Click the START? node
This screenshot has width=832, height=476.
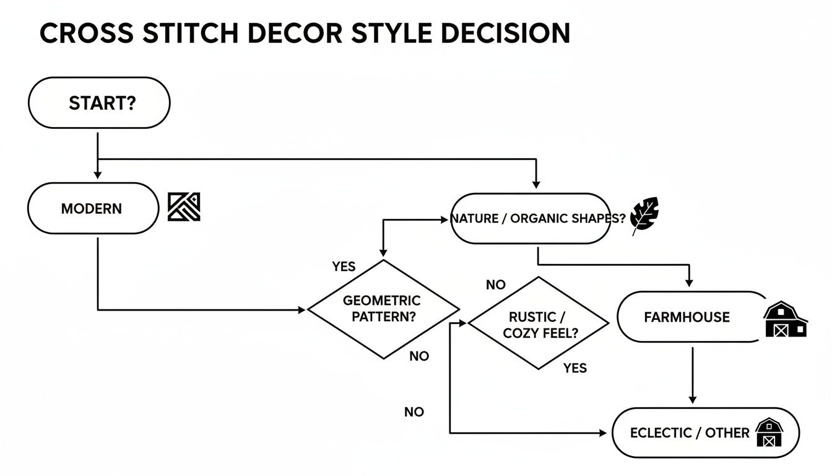click(99, 103)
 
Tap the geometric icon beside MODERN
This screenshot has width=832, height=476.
click(184, 207)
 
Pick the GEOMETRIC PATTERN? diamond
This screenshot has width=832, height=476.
click(383, 309)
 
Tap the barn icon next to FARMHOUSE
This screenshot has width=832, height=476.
click(784, 320)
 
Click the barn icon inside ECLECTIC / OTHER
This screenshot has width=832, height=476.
click(769, 432)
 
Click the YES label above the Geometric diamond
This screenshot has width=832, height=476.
click(344, 267)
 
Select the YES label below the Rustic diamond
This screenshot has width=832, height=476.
click(574, 368)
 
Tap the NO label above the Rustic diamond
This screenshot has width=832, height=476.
click(495, 285)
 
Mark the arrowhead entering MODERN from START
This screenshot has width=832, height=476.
click(98, 175)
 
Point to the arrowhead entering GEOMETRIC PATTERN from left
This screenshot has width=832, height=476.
click(302, 309)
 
